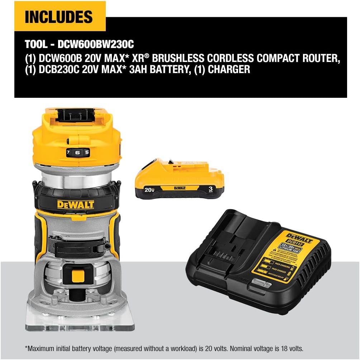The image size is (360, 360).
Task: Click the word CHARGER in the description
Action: (x=229, y=69)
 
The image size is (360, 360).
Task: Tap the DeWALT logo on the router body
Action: (x=75, y=205)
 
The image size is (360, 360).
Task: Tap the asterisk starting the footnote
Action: (x=26, y=347)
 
